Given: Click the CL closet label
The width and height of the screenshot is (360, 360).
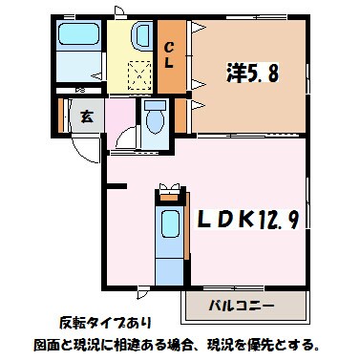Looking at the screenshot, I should click(x=168, y=55).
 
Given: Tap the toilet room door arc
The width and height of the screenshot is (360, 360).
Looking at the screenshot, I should click(x=125, y=141).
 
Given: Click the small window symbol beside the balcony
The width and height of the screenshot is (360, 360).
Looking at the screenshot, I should click(x=143, y=290).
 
